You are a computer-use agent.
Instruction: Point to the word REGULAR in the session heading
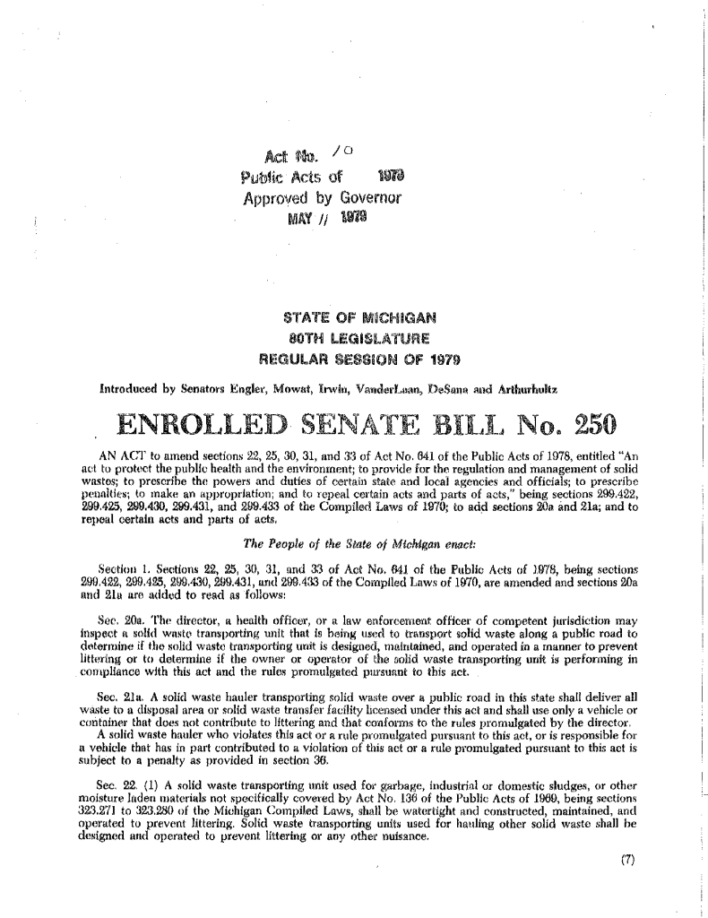pos(292,360)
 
